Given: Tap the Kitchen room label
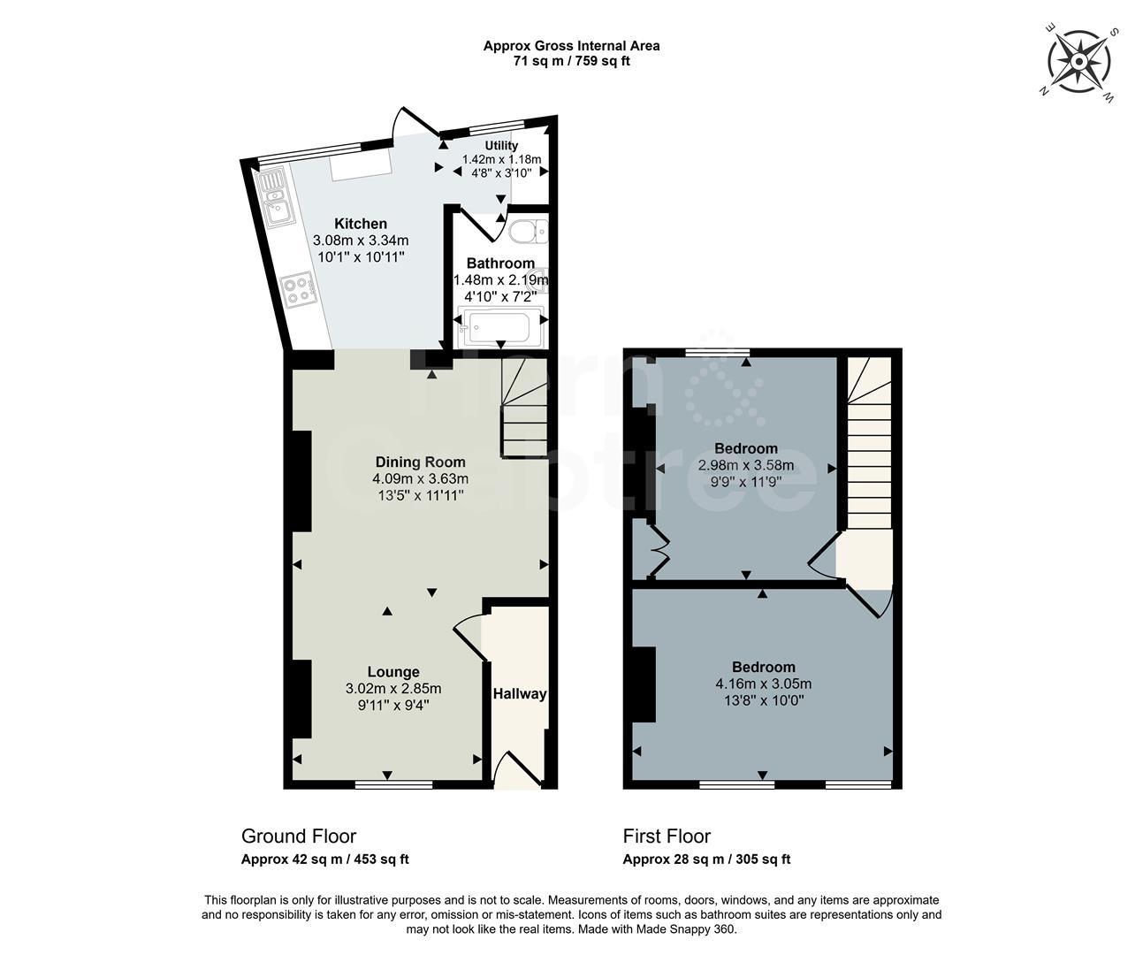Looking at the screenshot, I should pos(360,224).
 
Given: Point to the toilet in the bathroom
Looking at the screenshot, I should pos(528,231).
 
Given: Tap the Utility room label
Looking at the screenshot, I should pos(501,146).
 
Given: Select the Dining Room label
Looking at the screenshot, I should pos(420,462).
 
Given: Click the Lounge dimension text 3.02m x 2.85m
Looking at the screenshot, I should pos(393,689).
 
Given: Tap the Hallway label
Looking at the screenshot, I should pos(519,694).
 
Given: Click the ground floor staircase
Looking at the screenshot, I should pos(524,408).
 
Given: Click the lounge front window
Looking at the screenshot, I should pos(393,784).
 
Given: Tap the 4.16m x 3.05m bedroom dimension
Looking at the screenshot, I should pos(763,684).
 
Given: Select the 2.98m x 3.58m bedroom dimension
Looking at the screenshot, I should pos(746,465).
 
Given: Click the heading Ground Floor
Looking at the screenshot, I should pos(299,837).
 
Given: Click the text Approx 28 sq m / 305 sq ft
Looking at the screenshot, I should pos(706,859).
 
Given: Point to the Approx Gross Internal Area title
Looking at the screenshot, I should pos(571,46).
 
